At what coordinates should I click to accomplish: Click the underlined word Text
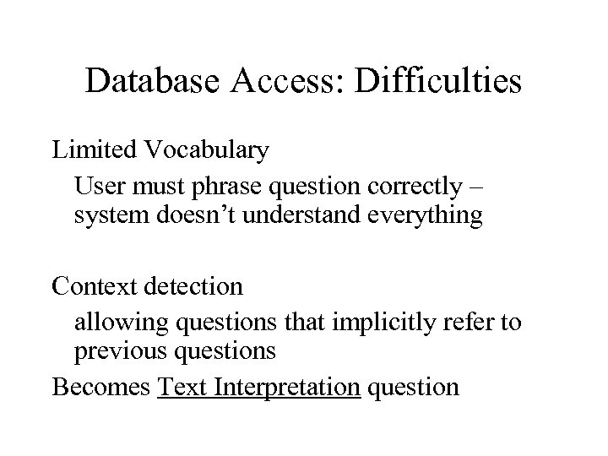click(x=183, y=387)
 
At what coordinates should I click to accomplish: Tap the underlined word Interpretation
click(x=288, y=388)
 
